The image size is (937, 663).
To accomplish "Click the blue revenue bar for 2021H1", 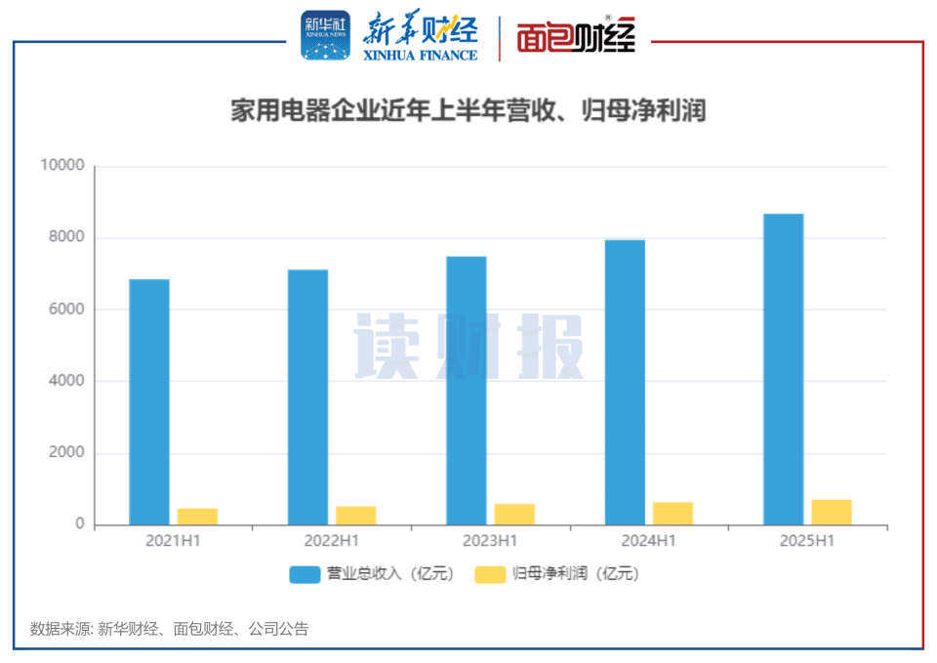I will [x=149, y=402].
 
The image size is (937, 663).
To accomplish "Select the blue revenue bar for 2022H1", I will [x=307, y=397].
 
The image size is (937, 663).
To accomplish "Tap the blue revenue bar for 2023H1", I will [x=467, y=391].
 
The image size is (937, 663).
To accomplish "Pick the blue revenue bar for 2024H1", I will [x=625, y=383].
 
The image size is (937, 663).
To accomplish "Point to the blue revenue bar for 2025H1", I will [x=783, y=369].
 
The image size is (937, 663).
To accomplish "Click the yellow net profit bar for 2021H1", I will [x=197, y=517].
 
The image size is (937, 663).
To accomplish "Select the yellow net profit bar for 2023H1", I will [x=514, y=515].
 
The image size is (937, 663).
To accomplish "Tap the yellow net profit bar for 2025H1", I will [x=832, y=513].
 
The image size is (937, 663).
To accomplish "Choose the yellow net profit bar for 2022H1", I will [x=355, y=516].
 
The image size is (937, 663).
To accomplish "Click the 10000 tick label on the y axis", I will [x=62, y=166].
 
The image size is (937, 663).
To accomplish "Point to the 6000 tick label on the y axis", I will [x=66, y=310].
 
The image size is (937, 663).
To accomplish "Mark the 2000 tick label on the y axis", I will [x=66, y=453].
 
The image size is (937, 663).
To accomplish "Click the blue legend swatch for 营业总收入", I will [x=305, y=574].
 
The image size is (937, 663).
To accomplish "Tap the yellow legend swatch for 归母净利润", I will [x=490, y=574].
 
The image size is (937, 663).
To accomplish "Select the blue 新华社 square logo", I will [x=325, y=36].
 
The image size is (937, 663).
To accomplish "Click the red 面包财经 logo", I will [x=577, y=37].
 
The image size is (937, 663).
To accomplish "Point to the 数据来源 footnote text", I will [x=169, y=629].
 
